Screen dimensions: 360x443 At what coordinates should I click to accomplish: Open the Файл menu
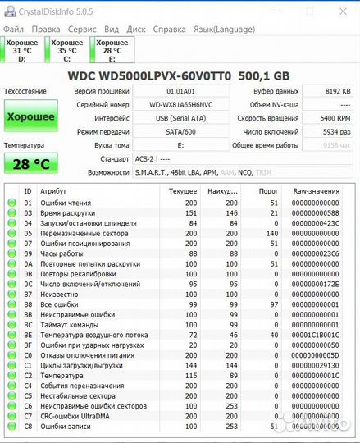[14, 28]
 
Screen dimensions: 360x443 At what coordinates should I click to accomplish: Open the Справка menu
[170, 28]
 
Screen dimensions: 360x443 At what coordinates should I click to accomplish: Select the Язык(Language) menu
[224, 28]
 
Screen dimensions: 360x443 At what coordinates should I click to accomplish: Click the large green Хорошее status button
[30, 116]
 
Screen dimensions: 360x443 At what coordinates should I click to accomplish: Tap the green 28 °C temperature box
[30, 163]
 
